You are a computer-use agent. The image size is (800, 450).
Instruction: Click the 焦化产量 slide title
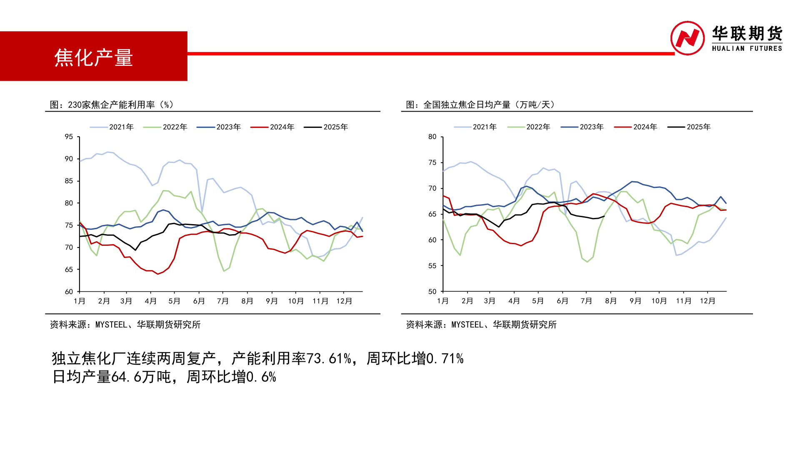(93, 57)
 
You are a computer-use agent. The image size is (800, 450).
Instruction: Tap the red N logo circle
(687, 38)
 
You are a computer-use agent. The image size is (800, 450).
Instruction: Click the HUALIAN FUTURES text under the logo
(747, 48)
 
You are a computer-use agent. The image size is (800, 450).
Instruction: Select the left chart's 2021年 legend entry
(112, 127)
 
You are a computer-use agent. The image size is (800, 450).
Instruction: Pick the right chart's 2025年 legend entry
(689, 127)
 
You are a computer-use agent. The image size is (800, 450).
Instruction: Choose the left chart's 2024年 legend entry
(272, 127)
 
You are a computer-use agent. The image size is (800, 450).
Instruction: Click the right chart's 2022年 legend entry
(529, 127)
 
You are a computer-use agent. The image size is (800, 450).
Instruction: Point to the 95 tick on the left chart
(69, 137)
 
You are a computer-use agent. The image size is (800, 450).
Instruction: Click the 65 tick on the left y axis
(69, 270)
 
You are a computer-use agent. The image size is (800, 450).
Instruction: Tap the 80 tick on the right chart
(432, 137)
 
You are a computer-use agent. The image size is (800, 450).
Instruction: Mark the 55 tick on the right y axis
(432, 266)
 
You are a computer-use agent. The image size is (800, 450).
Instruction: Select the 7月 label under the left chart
(223, 301)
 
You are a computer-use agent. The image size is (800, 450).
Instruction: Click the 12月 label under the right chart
(707, 301)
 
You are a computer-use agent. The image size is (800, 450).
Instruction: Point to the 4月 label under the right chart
(514, 301)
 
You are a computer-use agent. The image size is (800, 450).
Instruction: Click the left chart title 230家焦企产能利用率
(112, 105)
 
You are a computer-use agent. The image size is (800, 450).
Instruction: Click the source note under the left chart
(125, 325)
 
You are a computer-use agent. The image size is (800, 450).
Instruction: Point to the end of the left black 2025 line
(241, 231)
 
